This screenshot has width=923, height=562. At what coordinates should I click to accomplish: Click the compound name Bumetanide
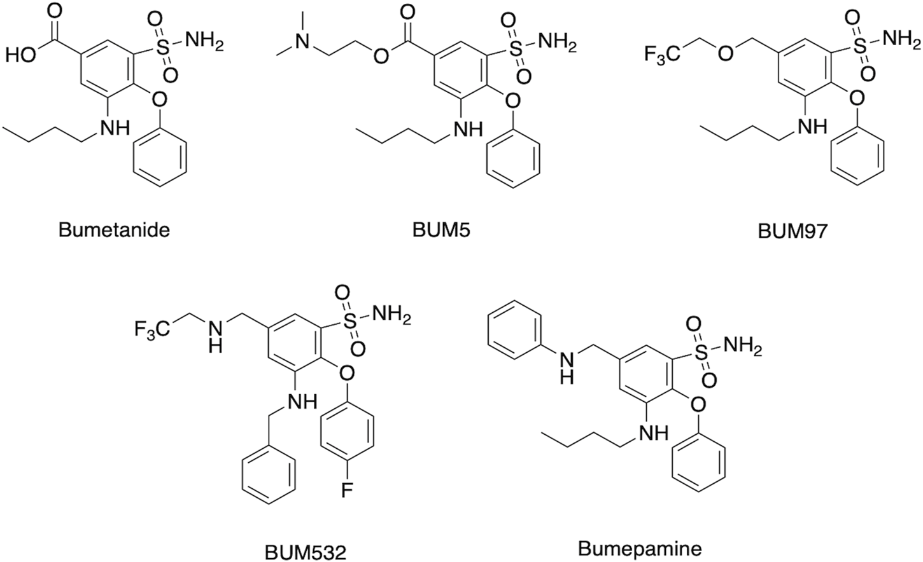[x=114, y=230]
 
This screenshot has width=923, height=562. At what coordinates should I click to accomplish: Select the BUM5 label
[x=441, y=230]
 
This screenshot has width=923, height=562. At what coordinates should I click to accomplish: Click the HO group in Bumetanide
[x=20, y=56]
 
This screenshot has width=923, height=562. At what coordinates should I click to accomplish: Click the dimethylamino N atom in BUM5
[x=304, y=43]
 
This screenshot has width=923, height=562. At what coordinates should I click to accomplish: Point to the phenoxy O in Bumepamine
[x=698, y=403]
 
